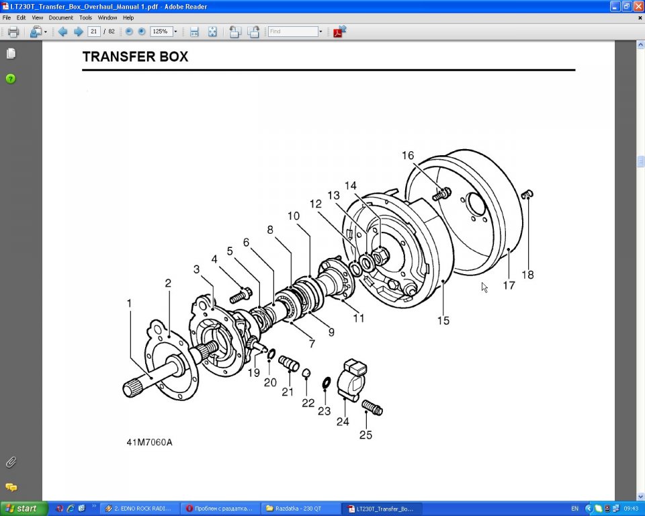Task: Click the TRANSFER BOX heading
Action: tap(135, 57)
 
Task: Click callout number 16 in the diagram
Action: tap(408, 156)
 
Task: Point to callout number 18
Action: tap(528, 274)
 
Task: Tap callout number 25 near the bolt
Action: tap(365, 435)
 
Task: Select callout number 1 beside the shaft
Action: tap(129, 304)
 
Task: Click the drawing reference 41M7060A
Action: tap(149, 443)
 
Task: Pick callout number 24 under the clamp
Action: tap(343, 421)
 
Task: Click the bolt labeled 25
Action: tap(372, 407)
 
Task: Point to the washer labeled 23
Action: tap(326, 383)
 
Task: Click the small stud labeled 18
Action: tap(527, 195)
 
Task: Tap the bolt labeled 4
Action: tap(241, 294)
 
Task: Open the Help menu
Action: tap(128, 17)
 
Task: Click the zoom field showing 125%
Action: tap(161, 32)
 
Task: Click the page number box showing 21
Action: tap(94, 32)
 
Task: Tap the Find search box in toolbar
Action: tap(293, 32)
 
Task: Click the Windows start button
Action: tap(23, 509)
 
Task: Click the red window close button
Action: tap(638, 6)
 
